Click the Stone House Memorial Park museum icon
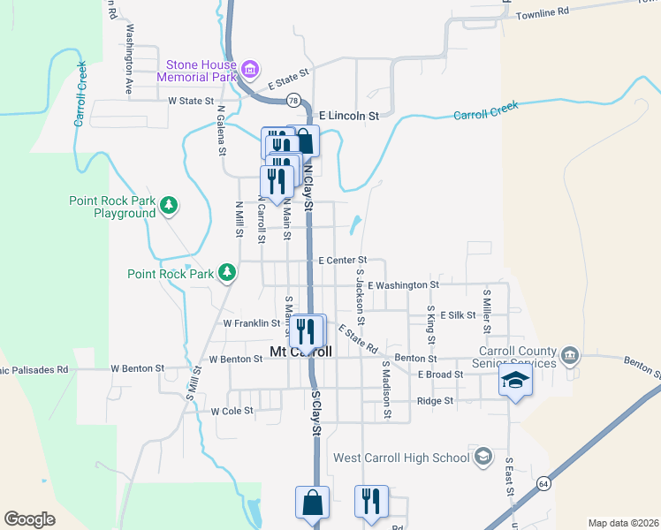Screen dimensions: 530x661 250,68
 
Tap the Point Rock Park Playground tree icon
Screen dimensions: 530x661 169,206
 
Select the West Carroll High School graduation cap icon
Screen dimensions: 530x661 482,457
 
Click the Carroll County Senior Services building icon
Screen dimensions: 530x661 571,356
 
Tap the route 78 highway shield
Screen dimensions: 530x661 293,99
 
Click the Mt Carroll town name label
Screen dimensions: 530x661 300,352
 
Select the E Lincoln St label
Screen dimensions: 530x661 349,116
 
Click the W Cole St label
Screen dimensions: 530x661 232,411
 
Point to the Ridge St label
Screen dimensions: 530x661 435,400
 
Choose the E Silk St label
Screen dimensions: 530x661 458,314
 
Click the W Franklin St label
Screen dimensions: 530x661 251,323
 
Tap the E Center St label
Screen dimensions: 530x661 342,261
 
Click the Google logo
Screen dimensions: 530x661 29,519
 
